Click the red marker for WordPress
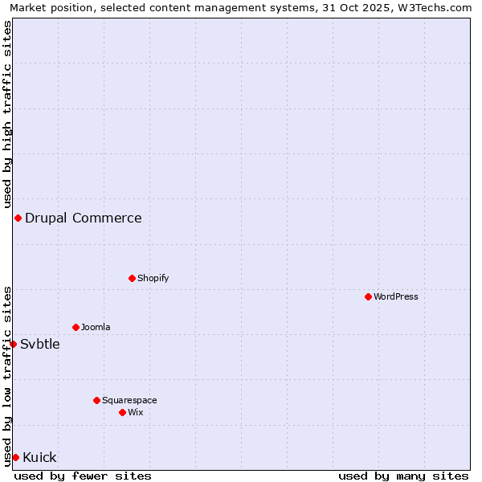click(x=368, y=296)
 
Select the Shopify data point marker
click(x=132, y=278)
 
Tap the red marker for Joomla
click(x=76, y=327)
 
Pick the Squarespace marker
click(x=96, y=400)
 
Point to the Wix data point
click(x=122, y=412)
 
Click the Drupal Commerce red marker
click(x=18, y=218)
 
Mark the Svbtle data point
click(x=13, y=344)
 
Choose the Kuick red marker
click(x=15, y=457)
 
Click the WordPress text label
click(x=396, y=296)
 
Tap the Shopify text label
click(x=153, y=278)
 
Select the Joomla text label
click(x=96, y=327)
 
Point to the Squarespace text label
click(x=129, y=400)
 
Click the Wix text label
click(x=136, y=412)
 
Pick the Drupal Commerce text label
click(x=84, y=218)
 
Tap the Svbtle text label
click(x=40, y=344)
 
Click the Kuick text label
click(x=39, y=457)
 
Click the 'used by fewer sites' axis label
click(x=83, y=476)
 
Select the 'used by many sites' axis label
click(x=403, y=476)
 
